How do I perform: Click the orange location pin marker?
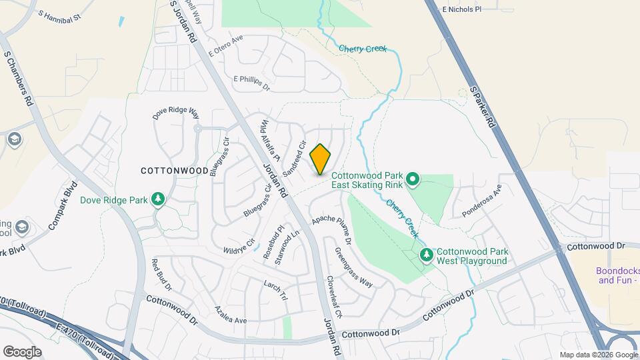(x=320, y=159)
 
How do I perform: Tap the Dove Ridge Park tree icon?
(x=158, y=199)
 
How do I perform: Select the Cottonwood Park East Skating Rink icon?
(x=412, y=179)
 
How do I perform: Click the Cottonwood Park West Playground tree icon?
(x=426, y=255)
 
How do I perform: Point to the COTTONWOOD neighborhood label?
(x=175, y=171)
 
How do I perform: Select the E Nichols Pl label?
(x=461, y=9)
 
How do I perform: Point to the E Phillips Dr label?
(x=251, y=83)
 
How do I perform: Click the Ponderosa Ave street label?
(x=481, y=201)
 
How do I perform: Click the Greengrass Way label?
(x=353, y=267)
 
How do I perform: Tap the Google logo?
(x=22, y=351)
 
